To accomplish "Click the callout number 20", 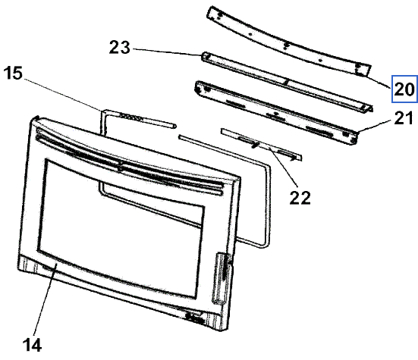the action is [404, 89].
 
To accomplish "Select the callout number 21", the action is [404, 118].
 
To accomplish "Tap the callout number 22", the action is [300, 198].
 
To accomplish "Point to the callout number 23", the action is [120, 48].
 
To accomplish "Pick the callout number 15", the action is [14, 73].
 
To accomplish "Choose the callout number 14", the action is [33, 345].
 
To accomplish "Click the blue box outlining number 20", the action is [404, 89].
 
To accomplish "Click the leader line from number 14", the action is [45, 299].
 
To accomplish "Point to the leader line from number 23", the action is [167, 52].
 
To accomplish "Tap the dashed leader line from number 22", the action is [283, 166].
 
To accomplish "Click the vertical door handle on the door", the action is [221, 277].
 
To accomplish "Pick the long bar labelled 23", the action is [287, 82].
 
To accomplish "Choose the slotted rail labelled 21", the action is [276, 113].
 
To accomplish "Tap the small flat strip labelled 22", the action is [261, 145].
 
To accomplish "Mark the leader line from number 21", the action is [376, 126].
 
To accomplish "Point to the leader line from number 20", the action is [379, 82].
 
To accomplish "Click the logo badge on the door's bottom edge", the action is [196, 318].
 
